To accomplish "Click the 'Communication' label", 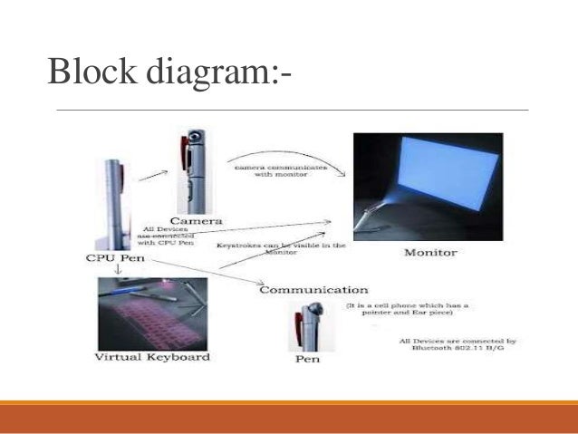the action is coord(313,290).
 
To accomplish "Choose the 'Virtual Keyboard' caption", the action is coord(152,356).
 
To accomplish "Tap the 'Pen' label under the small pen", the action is coord(308,360).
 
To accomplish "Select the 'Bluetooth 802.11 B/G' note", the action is coord(458,345).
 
